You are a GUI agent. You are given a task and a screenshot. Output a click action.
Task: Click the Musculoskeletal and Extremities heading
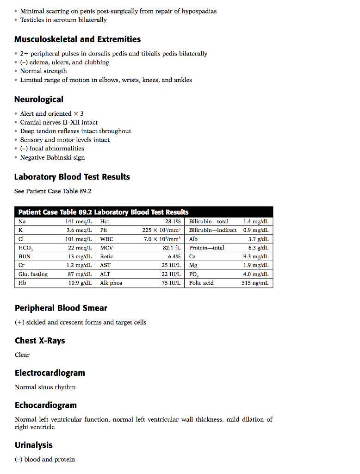pyautogui.click(x=77, y=39)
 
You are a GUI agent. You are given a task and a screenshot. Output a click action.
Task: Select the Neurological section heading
pyautogui.click(x=39, y=100)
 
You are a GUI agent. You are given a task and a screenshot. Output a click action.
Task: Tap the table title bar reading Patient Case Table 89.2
pyautogui.click(x=103, y=212)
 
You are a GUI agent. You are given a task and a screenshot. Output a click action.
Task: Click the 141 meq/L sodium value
pyautogui.click(x=79, y=222)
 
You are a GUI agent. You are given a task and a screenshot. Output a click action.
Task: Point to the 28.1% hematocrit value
pyautogui.click(x=173, y=222)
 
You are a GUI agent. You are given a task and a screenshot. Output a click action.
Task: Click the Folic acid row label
pyautogui.click(x=201, y=283)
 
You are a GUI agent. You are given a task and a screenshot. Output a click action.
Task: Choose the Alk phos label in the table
pyautogui.click(x=111, y=283)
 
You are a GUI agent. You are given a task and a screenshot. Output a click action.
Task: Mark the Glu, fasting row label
pyautogui.click(x=33, y=274)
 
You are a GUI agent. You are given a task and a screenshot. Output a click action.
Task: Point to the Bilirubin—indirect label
pyautogui.click(x=212, y=230)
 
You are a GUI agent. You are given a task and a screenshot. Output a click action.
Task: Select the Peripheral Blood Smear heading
pyautogui.click(x=61, y=308)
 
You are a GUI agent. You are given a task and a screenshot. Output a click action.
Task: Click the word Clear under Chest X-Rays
pyautogui.click(x=22, y=355)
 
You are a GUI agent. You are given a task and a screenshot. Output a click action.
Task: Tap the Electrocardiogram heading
pyautogui.click(x=50, y=373)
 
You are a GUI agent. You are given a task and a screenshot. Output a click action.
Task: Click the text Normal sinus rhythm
pyautogui.click(x=45, y=387)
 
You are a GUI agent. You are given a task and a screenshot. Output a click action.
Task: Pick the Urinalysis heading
pyautogui.click(x=33, y=445)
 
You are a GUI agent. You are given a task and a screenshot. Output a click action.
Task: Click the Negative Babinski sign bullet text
pyautogui.click(x=52, y=157)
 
